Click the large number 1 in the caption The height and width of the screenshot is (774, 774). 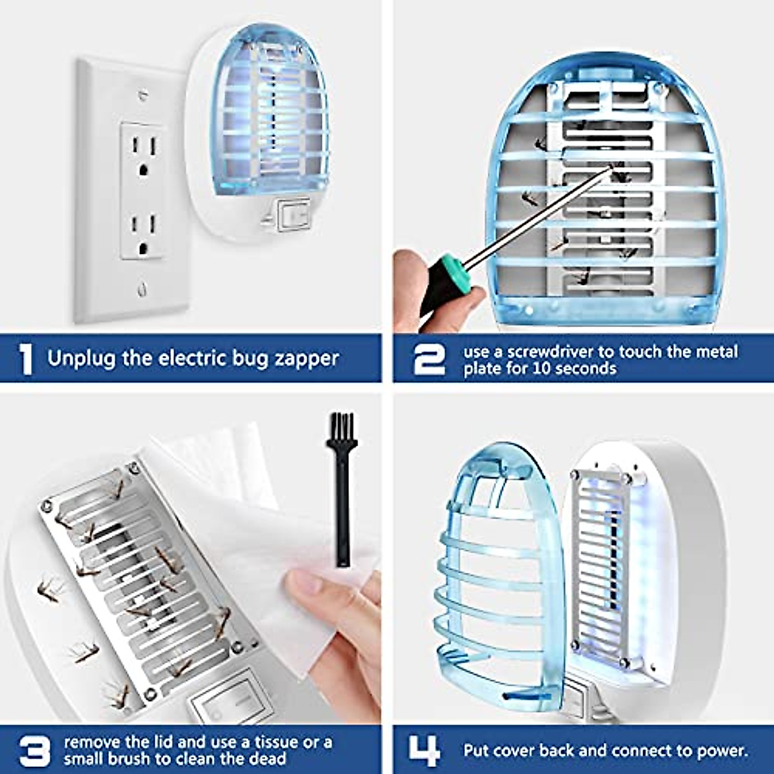click(26, 359)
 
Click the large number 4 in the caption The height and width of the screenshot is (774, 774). click(425, 751)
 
